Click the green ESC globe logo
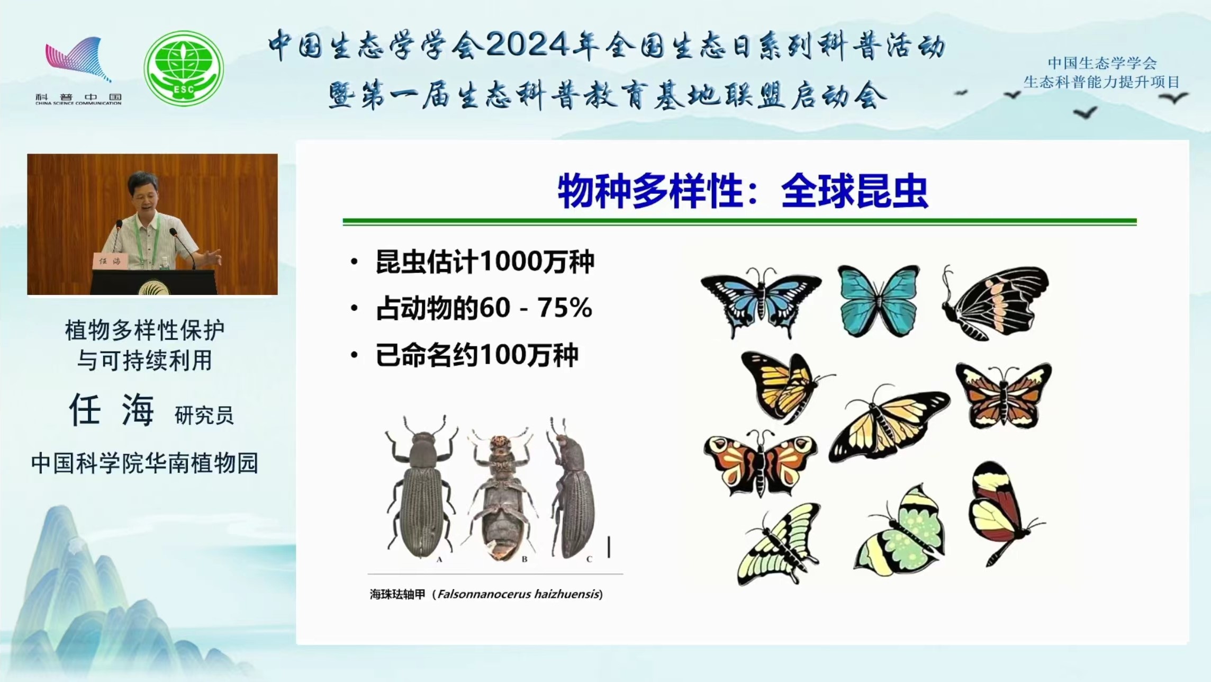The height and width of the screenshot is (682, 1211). (184, 68)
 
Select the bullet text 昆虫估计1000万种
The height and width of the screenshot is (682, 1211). (484, 262)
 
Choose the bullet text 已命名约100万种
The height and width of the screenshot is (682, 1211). (476, 355)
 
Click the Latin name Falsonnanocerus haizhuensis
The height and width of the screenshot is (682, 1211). (519, 594)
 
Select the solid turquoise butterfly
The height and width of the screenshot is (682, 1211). (879, 301)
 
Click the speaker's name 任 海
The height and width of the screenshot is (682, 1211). (111, 410)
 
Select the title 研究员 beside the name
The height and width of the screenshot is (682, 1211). (204, 415)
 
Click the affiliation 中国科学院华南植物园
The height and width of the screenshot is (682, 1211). (144, 463)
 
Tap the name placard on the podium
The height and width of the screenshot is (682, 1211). (110, 261)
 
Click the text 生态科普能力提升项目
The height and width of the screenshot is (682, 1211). (1102, 82)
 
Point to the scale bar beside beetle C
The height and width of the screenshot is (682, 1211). (609, 547)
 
